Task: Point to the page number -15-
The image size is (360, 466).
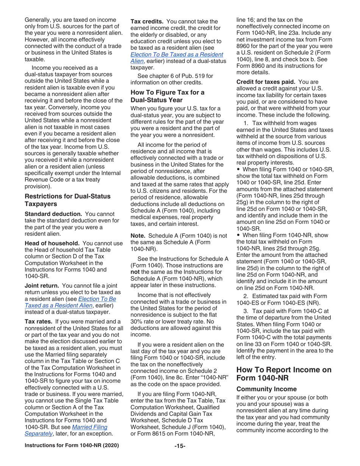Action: tap(180, 455)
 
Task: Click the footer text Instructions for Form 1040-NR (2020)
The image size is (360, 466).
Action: tap(72, 455)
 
